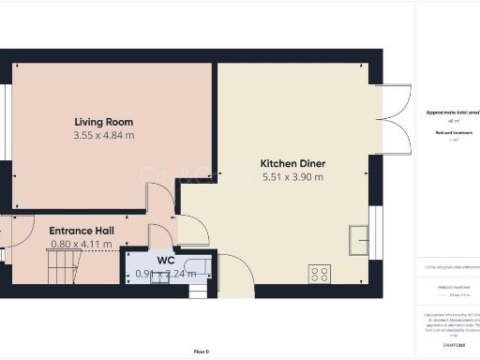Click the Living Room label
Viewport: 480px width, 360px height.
tap(104, 122)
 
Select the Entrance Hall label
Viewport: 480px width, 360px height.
tap(81, 229)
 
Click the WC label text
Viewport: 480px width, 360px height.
tap(165, 260)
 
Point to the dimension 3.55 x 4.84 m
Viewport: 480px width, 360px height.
tap(104, 136)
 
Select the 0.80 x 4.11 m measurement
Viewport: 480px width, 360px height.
tap(81, 244)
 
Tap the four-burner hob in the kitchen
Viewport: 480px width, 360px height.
tap(320, 275)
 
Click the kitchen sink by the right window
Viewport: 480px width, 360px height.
tap(358, 239)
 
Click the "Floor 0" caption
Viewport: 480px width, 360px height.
tap(201, 351)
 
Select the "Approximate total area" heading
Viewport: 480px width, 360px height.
tap(453, 112)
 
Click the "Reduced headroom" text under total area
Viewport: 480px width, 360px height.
tap(452, 132)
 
